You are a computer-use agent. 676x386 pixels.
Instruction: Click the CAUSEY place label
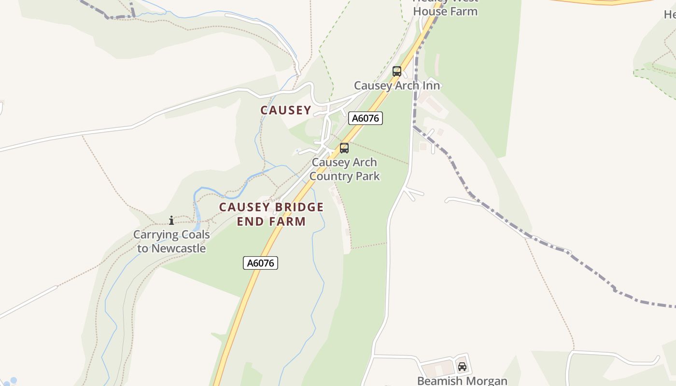[x=286, y=110]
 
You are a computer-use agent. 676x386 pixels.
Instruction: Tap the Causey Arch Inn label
[x=397, y=85]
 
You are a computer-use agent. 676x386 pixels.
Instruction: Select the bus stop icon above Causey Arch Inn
[x=397, y=71]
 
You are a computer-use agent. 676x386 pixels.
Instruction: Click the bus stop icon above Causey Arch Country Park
[x=344, y=148]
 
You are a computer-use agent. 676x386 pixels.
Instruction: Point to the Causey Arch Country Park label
[x=344, y=169]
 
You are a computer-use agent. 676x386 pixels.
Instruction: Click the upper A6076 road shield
[x=366, y=118]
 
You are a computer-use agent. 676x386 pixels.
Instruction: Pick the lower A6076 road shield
[x=260, y=263]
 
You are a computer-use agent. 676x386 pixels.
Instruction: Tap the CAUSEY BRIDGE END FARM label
[x=271, y=214]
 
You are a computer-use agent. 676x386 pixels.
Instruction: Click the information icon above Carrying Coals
[x=171, y=221]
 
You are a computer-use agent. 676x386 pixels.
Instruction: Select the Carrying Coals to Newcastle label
[x=171, y=242]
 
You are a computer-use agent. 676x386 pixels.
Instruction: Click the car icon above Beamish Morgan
[x=462, y=367]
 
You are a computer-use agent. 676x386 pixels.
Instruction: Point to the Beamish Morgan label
[x=462, y=381]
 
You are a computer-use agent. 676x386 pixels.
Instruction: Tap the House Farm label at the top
[x=445, y=11]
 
